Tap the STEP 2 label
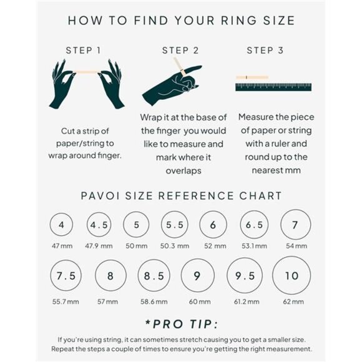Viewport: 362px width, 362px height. [x=180, y=50]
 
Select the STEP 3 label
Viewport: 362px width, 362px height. [x=265, y=50]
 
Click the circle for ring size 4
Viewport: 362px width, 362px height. [x=61, y=225]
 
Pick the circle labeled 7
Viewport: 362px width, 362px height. [x=295, y=225]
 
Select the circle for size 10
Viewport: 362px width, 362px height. [x=291, y=276]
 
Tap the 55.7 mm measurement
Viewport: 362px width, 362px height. [x=66, y=301]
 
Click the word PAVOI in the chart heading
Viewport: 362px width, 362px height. [x=99, y=196]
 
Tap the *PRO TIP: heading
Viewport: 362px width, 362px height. [x=181, y=325]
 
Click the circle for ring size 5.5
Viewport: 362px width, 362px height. [x=175, y=225]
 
